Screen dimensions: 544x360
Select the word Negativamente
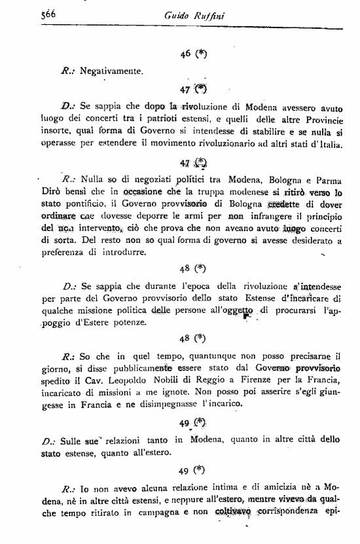112,70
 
